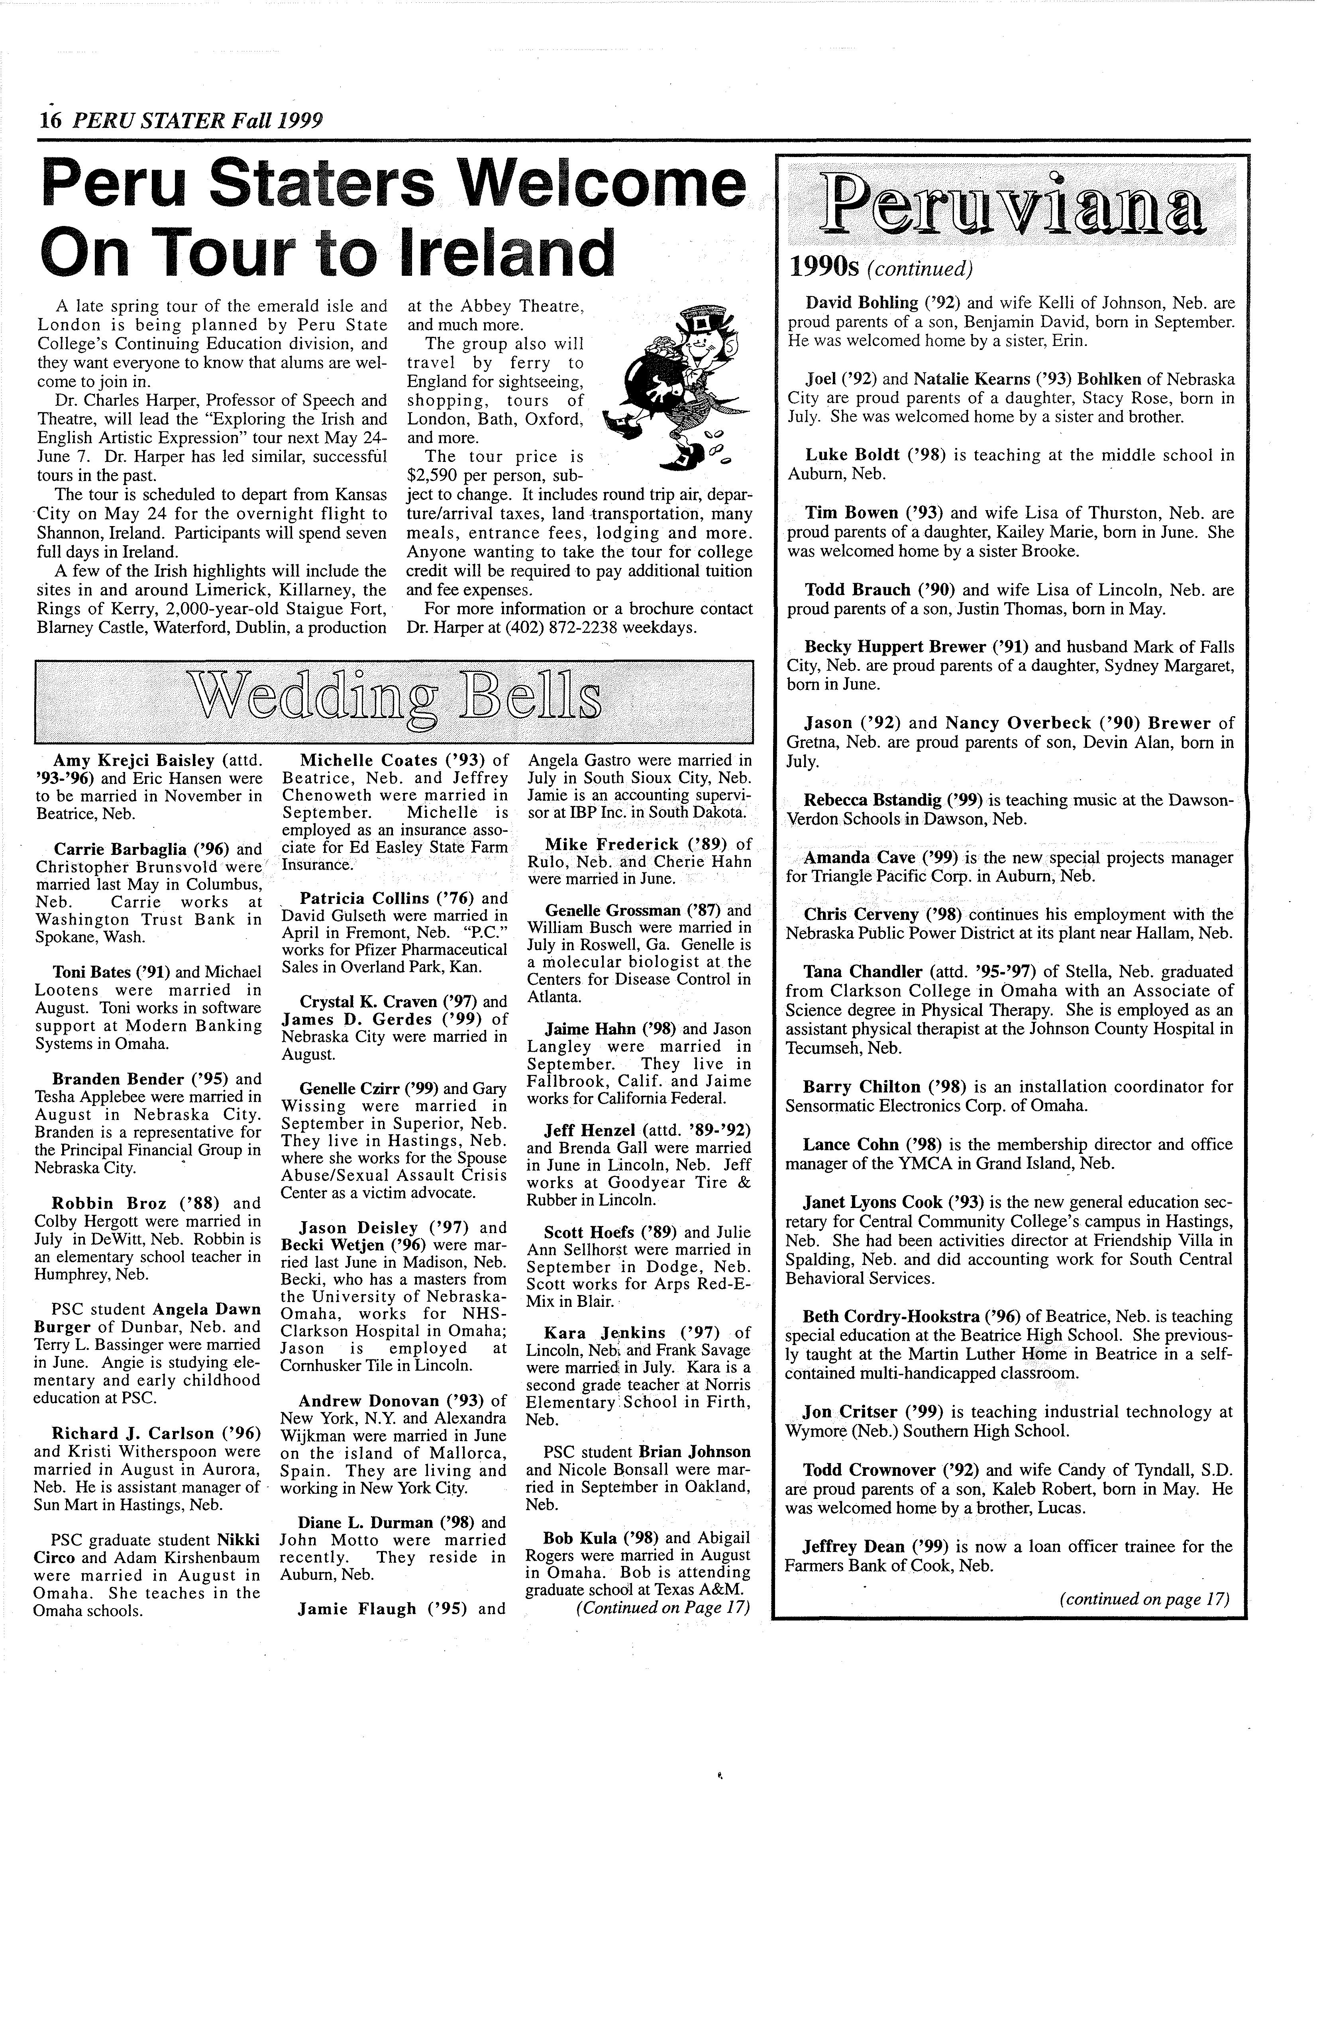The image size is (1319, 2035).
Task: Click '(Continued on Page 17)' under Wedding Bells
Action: pyautogui.click(x=663, y=1607)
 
